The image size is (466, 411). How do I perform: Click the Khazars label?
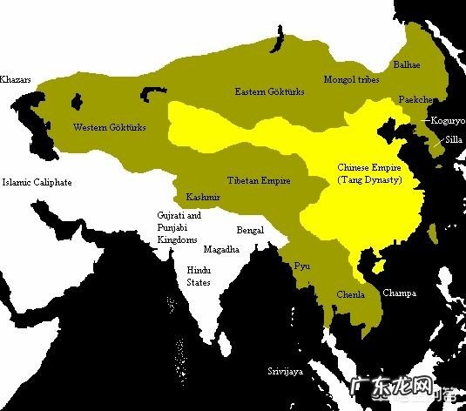pos(16,79)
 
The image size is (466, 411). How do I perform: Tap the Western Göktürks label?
pos(109,128)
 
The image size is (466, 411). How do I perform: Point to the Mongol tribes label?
pos(353,78)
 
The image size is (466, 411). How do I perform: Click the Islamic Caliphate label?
pos(37,183)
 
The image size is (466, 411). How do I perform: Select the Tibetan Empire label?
pos(258,180)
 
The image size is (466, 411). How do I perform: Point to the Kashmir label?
pos(202,198)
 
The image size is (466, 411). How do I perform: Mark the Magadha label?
pos(220,248)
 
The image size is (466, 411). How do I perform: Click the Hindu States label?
pos(199,276)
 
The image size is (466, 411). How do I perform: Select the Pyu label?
pos(302,264)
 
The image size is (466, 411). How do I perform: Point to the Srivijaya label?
pos(286,371)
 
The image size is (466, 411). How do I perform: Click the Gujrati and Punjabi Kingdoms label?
pos(179,226)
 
